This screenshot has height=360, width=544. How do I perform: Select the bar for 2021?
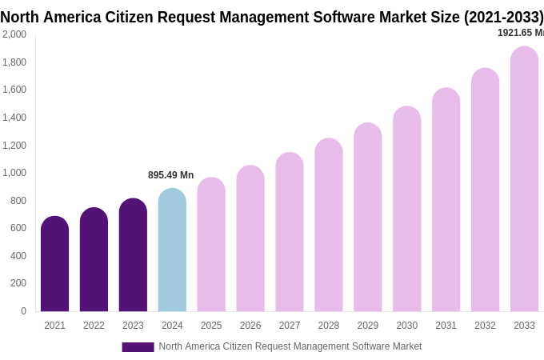pos(54,264)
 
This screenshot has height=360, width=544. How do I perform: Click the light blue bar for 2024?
pos(172,250)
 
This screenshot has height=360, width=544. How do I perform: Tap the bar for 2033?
pos(524,179)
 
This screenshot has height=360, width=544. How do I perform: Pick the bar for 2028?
pos(328,225)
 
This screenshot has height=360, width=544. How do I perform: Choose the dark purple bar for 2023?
pos(133,255)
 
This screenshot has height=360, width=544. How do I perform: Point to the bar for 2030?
pos(406,209)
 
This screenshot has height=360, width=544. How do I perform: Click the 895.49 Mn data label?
pos(170,175)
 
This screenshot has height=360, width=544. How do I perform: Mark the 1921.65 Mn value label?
pos(521,33)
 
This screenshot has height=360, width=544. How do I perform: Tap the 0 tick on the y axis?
pos(23,311)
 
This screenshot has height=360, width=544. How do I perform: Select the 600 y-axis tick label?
pos(18,228)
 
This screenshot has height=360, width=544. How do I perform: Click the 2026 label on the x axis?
pos(250,326)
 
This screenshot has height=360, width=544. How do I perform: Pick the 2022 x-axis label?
pos(94,326)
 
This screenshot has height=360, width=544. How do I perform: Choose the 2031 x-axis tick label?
pos(446,326)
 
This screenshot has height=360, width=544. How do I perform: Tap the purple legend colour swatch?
pos(138,347)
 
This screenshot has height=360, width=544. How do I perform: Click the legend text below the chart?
pos(290,346)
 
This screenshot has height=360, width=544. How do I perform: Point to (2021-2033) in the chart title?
pos(504,17)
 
